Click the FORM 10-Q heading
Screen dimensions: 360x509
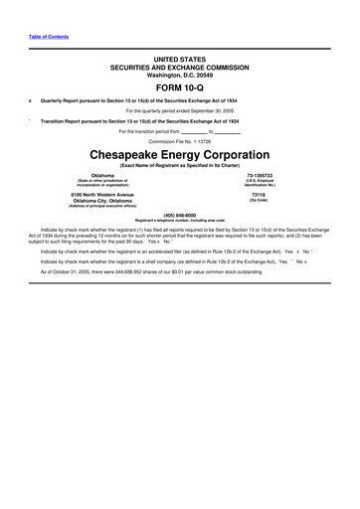(x=179, y=86)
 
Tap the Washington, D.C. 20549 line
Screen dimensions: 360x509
(x=179, y=75)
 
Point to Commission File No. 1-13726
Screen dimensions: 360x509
(x=179, y=141)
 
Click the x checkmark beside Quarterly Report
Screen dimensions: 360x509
(x=30, y=100)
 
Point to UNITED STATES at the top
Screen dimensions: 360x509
(x=179, y=60)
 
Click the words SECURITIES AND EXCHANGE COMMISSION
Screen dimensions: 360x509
(x=179, y=68)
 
